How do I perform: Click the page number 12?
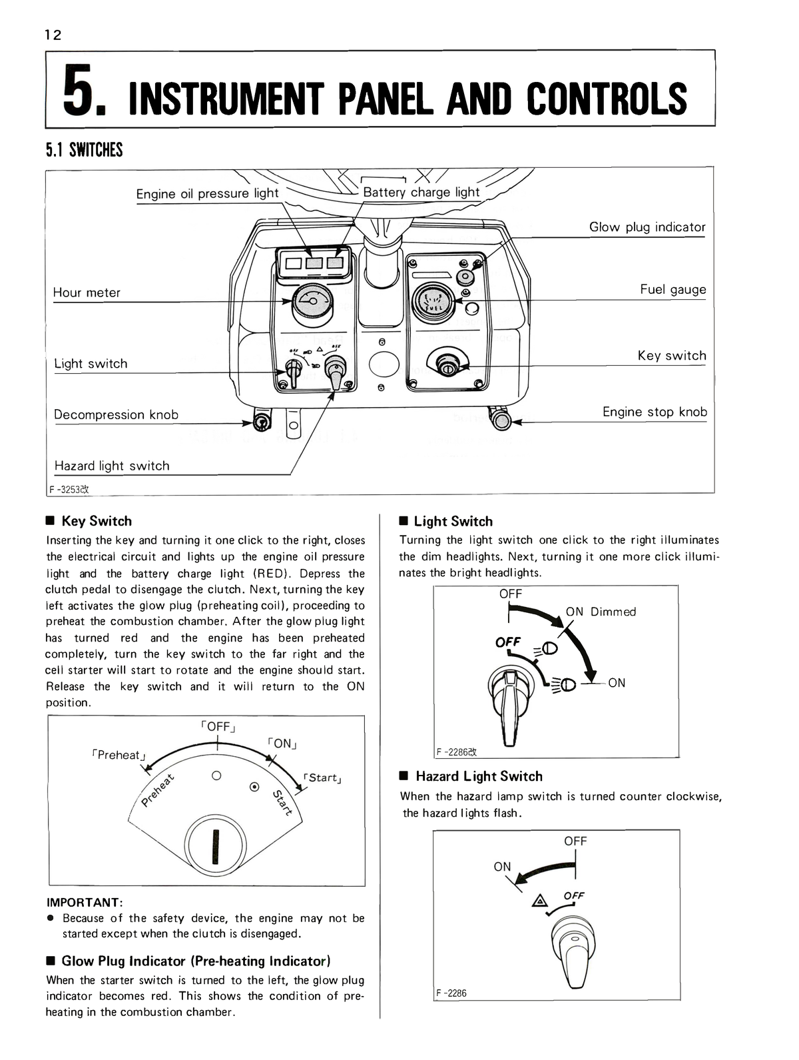point(53,35)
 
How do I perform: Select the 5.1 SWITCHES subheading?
point(85,150)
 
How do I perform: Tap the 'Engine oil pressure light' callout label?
point(207,194)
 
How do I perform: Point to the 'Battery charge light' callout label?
point(421,193)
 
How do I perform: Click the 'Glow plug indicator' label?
point(647,227)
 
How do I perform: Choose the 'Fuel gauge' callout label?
point(672,290)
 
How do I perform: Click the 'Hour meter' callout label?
point(87,292)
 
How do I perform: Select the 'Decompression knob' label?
point(116,415)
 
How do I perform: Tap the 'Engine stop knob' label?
point(655,412)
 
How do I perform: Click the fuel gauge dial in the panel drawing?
point(432,302)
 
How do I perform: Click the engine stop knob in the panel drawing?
point(501,420)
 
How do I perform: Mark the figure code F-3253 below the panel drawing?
point(69,489)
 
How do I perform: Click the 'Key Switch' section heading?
point(97,521)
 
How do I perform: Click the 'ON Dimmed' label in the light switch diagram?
point(601,612)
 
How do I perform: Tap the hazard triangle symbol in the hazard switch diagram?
point(538,902)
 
